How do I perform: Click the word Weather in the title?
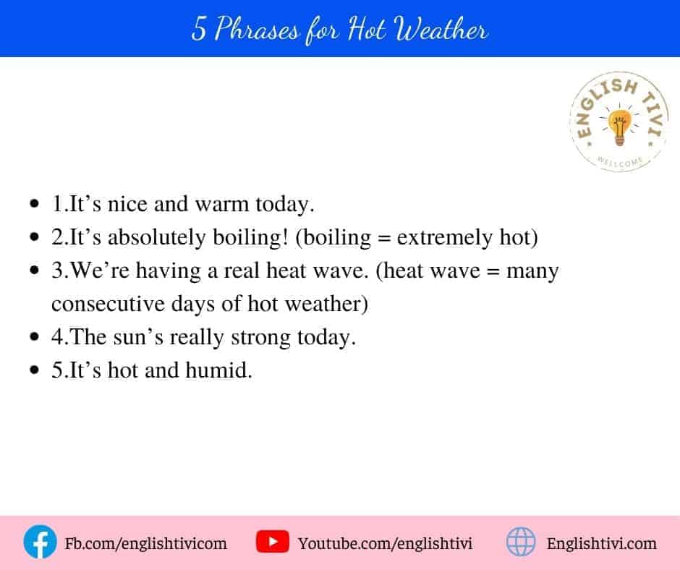pos(441,29)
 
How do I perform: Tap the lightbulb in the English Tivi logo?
pos(619,127)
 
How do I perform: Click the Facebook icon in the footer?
pos(40,542)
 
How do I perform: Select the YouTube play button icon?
pos(272,542)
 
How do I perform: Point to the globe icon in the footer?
pos(521,542)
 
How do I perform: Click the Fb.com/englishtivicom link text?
pos(145,543)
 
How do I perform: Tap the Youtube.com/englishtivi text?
pos(385,543)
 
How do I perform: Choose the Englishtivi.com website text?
pos(601,543)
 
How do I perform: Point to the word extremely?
pos(444,238)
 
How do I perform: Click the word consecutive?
pos(108,304)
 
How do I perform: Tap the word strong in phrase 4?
pos(260,338)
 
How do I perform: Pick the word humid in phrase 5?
pos(218,370)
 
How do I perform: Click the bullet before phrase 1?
pos(34,204)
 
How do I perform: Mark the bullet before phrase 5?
pos(34,370)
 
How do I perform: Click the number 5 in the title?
pos(199,29)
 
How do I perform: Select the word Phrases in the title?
pos(257,29)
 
